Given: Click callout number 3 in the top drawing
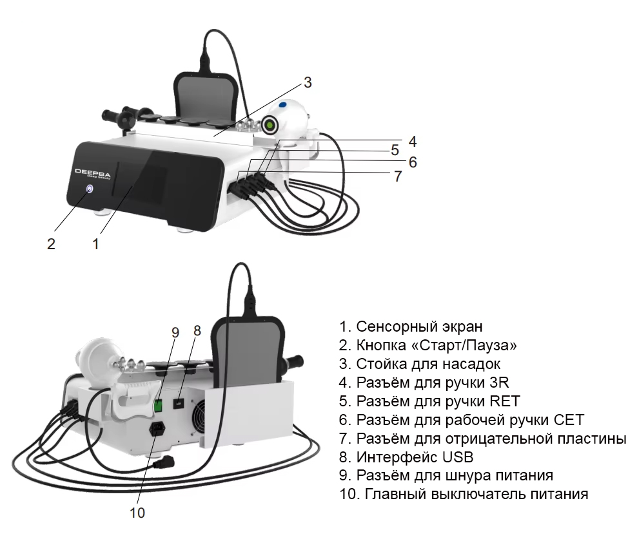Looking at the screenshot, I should pyautogui.click(x=308, y=82).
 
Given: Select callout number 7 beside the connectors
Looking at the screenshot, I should pyautogui.click(x=398, y=176).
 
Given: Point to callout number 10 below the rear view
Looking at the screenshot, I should pyautogui.click(x=137, y=513).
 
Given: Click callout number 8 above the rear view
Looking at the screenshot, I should pyautogui.click(x=197, y=330).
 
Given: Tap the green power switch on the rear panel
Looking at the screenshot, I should pyautogui.click(x=157, y=405).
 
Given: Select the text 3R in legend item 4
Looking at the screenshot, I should pyautogui.click(x=500, y=383).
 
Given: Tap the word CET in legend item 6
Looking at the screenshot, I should pyautogui.click(x=568, y=420).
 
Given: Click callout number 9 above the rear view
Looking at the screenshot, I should pyautogui.click(x=175, y=332).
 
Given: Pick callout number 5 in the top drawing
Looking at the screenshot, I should pyautogui.click(x=395, y=150).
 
